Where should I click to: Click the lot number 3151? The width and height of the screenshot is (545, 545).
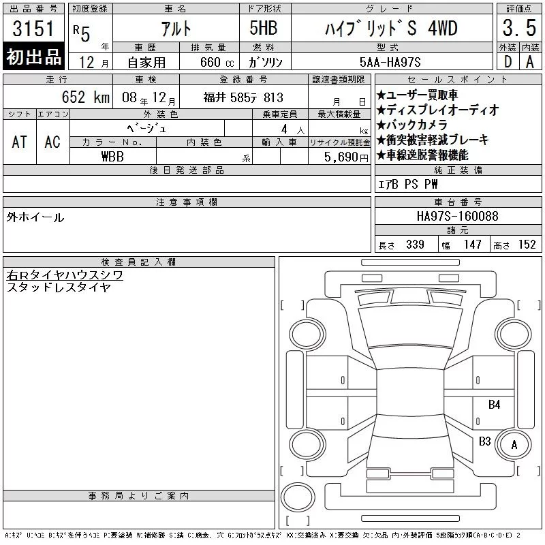coord(33,29)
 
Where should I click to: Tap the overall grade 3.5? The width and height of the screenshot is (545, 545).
coord(519,28)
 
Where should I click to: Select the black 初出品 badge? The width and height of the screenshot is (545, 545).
coord(33,56)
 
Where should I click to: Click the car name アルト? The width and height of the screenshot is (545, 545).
coord(176,29)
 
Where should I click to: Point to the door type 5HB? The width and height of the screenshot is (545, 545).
coord(264,28)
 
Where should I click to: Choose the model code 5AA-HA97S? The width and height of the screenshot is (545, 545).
coord(390,62)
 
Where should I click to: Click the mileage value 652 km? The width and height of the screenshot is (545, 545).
coord(86,97)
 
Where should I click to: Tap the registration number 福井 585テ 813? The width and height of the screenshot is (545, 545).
coord(243,97)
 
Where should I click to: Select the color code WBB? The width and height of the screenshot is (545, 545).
coord(112,157)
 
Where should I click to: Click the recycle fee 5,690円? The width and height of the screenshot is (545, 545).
coord(346,157)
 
